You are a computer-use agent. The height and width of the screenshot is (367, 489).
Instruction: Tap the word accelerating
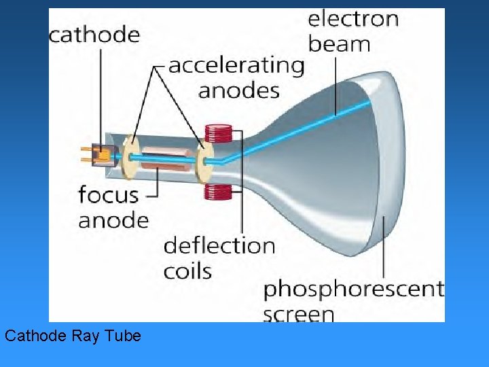(236, 66)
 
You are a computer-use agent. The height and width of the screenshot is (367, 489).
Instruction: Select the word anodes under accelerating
(238, 90)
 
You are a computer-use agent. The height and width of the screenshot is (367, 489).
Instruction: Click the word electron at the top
(352, 18)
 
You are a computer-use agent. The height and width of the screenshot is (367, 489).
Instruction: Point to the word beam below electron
(339, 44)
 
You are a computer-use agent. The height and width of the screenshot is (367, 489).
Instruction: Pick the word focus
(108, 195)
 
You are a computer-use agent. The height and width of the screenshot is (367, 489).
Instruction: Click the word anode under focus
(113, 220)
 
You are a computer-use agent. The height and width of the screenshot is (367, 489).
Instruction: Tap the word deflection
(219, 245)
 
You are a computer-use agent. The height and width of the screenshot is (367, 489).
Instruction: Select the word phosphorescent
(353, 290)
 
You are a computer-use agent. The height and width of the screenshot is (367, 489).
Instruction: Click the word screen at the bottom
(298, 315)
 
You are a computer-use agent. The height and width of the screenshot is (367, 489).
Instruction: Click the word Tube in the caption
(124, 336)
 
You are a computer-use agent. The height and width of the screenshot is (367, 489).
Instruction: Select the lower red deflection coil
(219, 192)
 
